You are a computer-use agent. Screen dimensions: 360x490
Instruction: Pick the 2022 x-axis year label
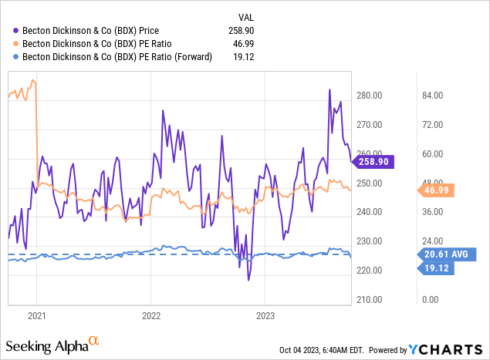pyautogui.click(x=150, y=315)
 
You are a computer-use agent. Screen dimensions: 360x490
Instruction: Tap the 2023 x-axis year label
pyautogui.click(x=265, y=315)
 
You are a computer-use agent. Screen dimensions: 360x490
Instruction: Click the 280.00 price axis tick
pyautogui.click(x=369, y=96)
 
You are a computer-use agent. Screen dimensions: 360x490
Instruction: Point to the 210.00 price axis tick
pyautogui.click(x=369, y=299)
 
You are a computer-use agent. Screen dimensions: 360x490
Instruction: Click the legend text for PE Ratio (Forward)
pyautogui.click(x=117, y=56)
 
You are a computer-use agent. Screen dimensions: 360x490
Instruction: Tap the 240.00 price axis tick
pyautogui.click(x=369, y=212)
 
